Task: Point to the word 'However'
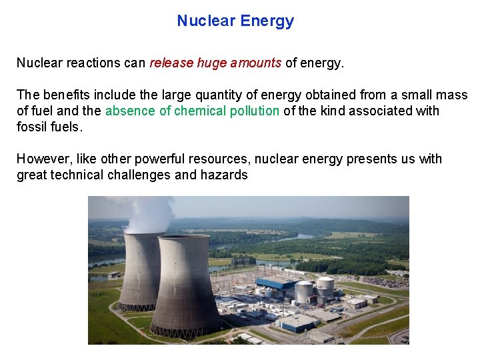(41, 159)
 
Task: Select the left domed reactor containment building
(304, 291)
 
